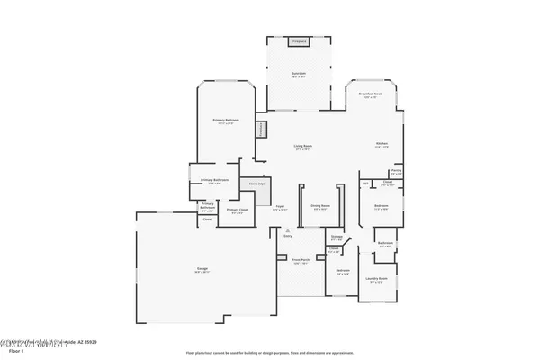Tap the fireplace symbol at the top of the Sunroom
tap(298, 41)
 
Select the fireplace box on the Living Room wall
tap(262, 130)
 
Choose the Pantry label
tap(396, 170)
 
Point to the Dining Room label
tap(320, 206)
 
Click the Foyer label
tap(280, 206)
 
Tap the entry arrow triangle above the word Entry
tap(288, 231)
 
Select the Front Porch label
tap(300, 262)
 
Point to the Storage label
tap(337, 237)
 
